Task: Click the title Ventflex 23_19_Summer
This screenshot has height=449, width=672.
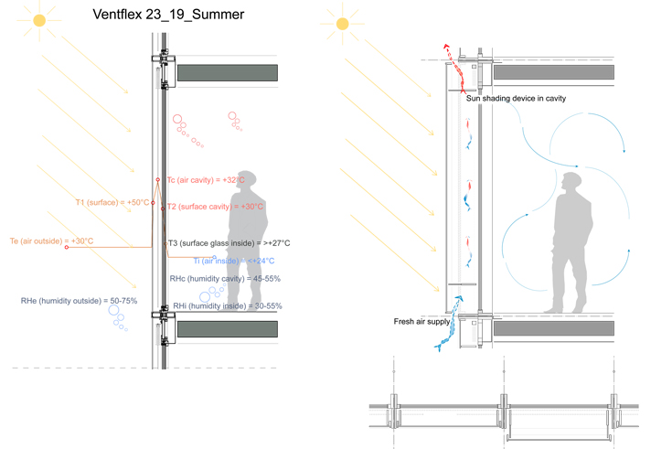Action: [168, 16]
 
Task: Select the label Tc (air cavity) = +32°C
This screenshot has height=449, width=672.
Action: [205, 180]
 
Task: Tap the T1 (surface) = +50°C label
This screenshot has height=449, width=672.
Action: [112, 202]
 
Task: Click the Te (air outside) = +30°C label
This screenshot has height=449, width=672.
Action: [51, 241]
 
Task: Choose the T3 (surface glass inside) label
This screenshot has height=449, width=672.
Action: [229, 243]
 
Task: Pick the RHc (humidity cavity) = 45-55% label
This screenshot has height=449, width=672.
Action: [225, 279]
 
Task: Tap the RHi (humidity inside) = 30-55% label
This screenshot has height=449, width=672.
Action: [227, 305]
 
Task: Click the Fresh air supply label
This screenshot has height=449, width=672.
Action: [421, 321]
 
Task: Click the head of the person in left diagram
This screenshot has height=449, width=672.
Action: [245, 180]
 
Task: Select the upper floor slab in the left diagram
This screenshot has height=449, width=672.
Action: [227, 73]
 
